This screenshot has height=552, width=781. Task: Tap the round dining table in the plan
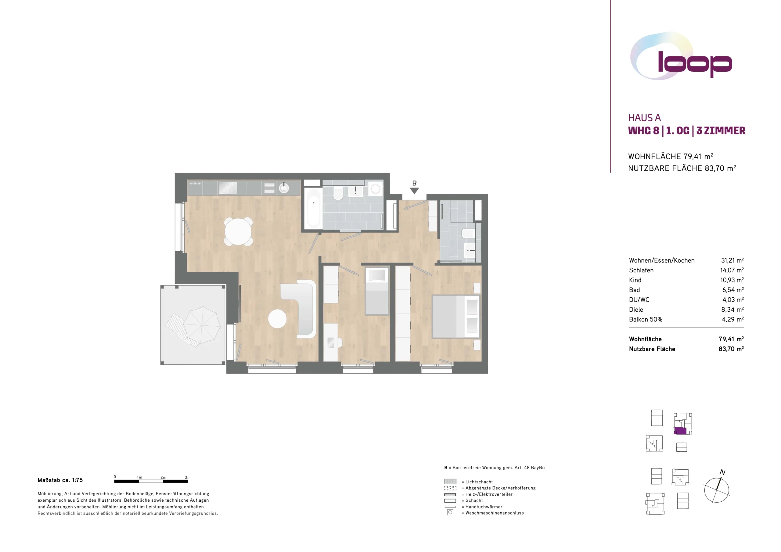(238, 231)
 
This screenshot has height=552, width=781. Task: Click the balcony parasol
(202, 325)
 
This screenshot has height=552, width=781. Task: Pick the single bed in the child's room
(377, 291)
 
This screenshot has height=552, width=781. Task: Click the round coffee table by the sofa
(277, 319)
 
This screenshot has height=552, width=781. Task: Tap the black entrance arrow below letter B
(414, 191)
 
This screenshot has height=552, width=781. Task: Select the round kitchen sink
(284, 188)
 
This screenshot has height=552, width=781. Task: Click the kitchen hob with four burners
(228, 188)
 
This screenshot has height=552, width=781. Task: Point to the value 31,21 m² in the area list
(732, 260)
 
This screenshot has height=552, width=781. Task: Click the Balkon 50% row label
(646, 319)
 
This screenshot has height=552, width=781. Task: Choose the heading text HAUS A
(644, 118)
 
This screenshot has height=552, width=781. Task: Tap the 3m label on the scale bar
(187, 478)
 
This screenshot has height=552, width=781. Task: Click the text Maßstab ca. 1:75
(60, 480)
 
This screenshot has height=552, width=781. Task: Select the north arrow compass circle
(716, 490)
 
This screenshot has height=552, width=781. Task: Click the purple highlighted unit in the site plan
(680, 431)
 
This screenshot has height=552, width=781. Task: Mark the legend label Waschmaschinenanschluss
(495, 513)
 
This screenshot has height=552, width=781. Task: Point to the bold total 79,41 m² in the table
(731, 339)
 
